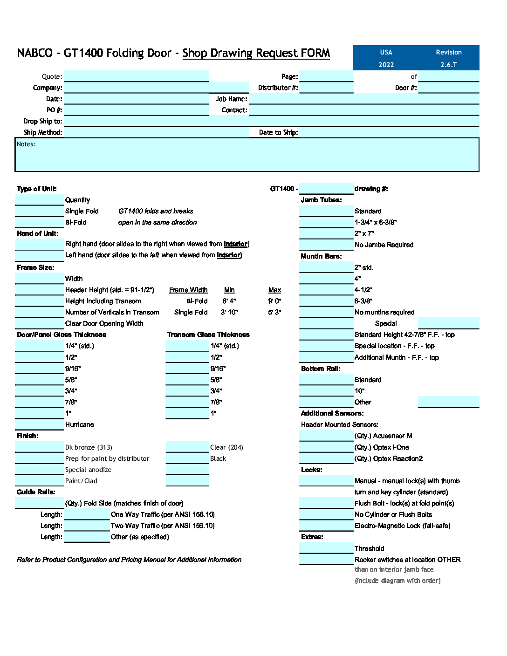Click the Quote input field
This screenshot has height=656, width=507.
click(136, 76)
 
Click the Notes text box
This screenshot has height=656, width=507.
click(247, 156)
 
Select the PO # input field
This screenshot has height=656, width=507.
click(136, 110)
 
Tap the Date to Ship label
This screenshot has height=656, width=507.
click(278, 132)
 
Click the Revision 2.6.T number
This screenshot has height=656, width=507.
click(448, 65)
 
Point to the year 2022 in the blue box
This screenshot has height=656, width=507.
click(386, 65)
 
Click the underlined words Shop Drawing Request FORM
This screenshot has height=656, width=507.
click(256, 53)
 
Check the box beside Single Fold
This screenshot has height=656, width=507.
click(40, 211)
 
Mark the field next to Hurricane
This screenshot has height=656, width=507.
click(40, 424)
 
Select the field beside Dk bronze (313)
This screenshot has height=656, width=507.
click(40, 447)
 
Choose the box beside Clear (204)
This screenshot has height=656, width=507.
click(187, 447)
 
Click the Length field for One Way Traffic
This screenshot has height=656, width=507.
click(87, 514)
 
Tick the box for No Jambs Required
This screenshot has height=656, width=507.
click(326, 245)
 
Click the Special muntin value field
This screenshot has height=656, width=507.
click(448, 323)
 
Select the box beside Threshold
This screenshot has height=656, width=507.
click(326, 548)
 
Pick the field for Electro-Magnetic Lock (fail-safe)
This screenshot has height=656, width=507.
click(326, 526)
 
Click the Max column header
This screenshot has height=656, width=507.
click(274, 290)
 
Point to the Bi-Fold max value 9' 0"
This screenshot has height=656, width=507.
click(274, 301)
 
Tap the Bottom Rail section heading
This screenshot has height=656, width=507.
click(321, 369)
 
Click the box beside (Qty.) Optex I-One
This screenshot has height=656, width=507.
click(326, 447)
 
